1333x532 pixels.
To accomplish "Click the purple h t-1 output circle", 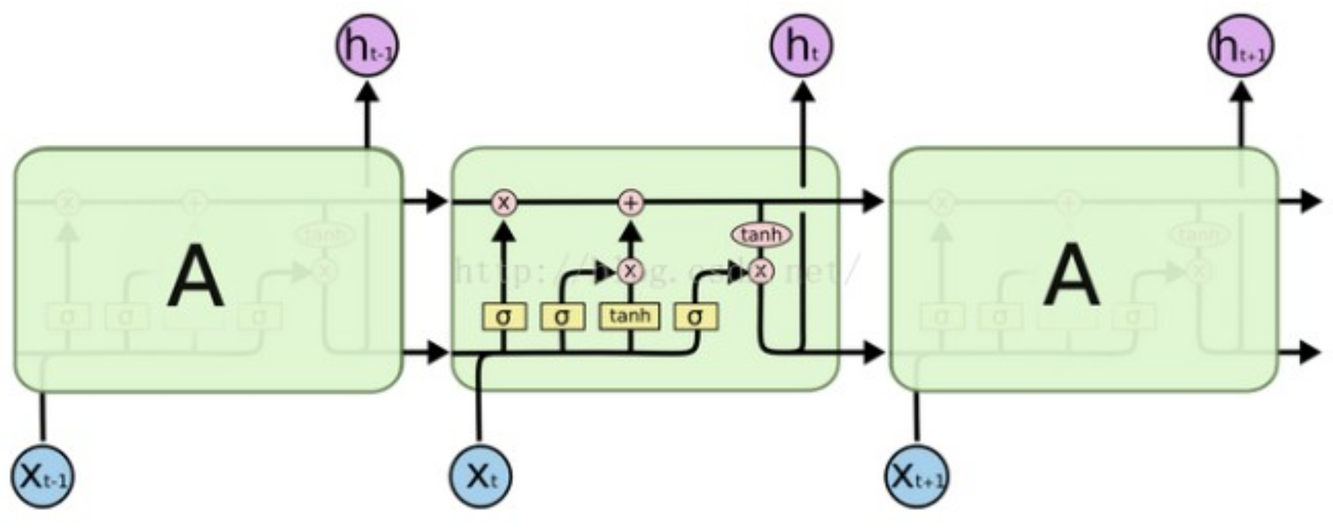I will point(367,46).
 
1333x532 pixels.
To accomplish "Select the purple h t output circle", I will point(801,46).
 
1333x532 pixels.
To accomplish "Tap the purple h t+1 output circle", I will point(1241,46).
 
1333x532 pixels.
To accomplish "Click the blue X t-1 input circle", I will point(43,476).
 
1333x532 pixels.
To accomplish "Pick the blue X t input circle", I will point(480,476).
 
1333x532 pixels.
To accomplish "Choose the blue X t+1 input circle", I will point(916,476).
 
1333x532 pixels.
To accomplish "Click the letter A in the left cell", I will point(196,276).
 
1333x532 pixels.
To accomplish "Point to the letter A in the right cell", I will point(1071,276).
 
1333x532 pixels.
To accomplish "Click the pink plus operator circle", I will point(630,203).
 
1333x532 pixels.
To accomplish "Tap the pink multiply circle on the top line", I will point(503,203).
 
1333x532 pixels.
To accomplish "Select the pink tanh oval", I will point(761,235).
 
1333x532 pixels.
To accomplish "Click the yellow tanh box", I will point(629,316).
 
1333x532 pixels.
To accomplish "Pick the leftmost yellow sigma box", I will point(503,317).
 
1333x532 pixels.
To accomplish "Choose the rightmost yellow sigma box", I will point(695,317).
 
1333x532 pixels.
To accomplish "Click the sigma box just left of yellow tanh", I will point(562,317).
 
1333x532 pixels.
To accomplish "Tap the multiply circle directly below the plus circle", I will point(630,271).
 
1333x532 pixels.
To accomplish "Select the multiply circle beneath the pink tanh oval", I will point(761,271).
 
